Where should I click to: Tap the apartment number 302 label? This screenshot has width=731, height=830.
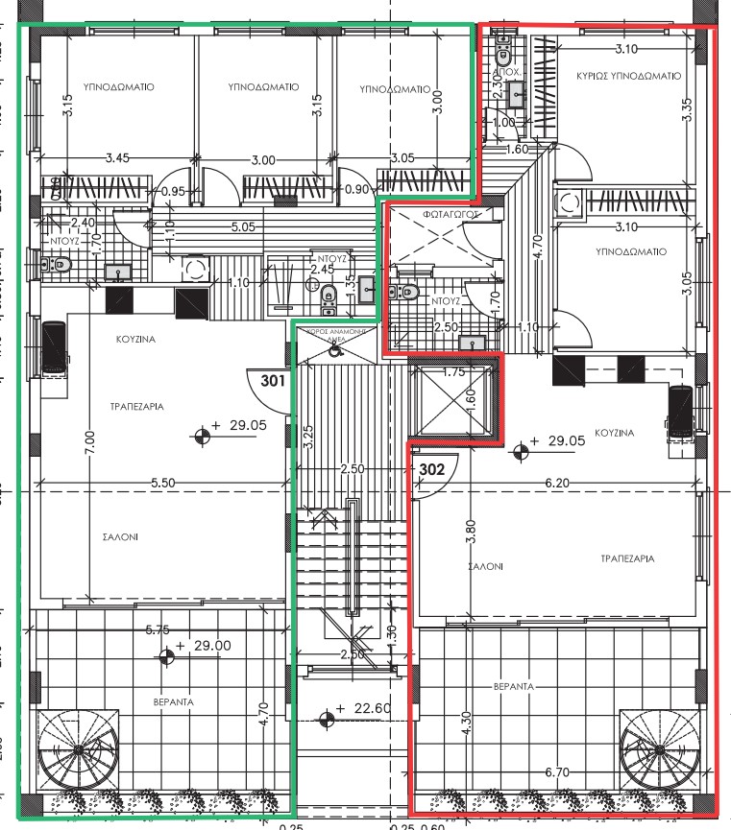[433, 469]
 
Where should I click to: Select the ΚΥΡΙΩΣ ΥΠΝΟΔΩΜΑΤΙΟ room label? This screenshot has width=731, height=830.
[629, 75]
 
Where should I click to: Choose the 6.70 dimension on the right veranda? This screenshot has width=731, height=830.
[558, 771]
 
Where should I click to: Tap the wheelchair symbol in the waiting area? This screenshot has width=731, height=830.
[334, 350]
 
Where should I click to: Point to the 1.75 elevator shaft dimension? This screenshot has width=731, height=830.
[452, 371]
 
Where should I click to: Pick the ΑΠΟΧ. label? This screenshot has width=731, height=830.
[506, 72]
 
